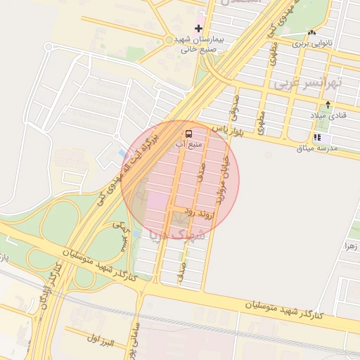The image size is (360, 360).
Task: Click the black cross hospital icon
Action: (x=199, y=29)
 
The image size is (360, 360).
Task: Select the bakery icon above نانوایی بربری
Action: (x=311, y=32)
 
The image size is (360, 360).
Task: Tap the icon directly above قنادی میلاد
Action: (x=327, y=104)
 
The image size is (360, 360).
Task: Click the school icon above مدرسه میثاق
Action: (x=317, y=137)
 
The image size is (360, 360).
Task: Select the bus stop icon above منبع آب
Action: (x=188, y=133)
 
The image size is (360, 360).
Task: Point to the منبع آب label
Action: (x=188, y=144)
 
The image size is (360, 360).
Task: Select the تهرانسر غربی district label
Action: (x=305, y=83)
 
